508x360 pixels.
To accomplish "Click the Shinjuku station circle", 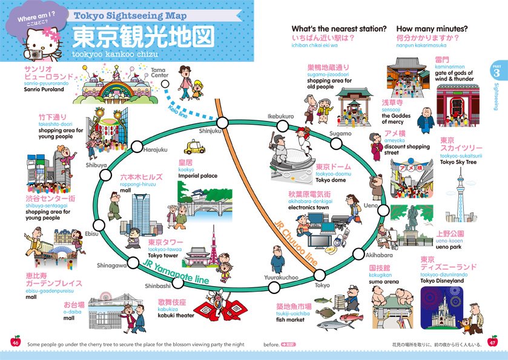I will (222, 123).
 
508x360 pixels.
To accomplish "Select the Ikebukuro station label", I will (280, 116).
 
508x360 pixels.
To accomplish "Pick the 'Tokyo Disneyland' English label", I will (443, 281).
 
